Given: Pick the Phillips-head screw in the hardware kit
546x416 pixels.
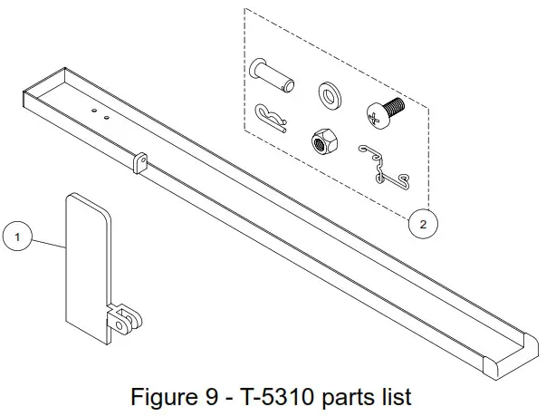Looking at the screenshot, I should click(x=383, y=112).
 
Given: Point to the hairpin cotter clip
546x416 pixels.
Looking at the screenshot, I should click(x=271, y=115).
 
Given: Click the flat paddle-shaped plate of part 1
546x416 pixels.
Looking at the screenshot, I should click(x=87, y=263).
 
